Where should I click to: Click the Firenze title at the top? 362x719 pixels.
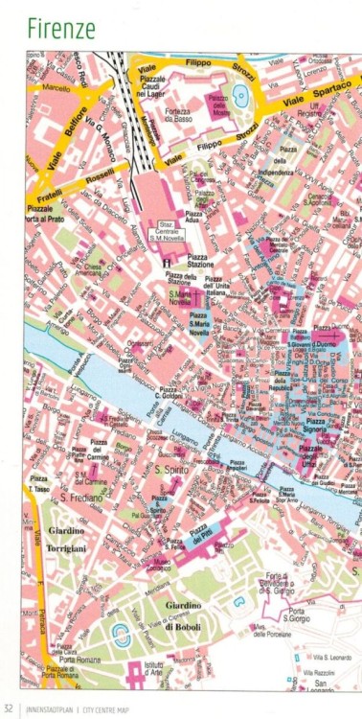[61, 29]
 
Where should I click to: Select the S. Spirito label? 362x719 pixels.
[173, 473]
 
